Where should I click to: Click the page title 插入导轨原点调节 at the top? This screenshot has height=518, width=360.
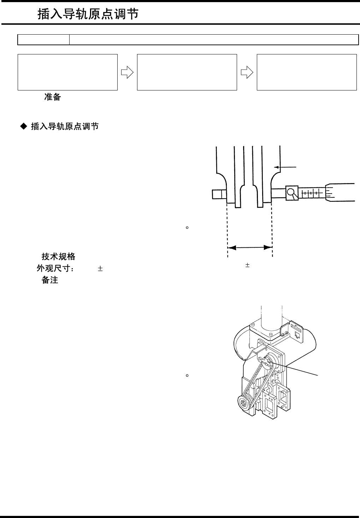click(88, 14)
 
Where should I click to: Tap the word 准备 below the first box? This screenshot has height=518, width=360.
click(52, 97)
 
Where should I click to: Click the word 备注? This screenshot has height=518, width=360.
click(50, 280)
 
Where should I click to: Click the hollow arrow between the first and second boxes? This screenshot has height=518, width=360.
click(127, 72)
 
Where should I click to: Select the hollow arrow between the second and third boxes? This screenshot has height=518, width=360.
click(247, 72)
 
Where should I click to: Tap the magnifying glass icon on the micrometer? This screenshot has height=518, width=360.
click(292, 193)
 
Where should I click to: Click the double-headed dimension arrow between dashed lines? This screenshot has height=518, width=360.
click(249, 248)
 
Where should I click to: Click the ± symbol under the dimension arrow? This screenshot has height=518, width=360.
click(248, 265)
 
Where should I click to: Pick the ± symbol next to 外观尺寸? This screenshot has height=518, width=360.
click(100, 269)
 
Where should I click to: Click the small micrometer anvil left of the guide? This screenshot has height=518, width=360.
click(219, 194)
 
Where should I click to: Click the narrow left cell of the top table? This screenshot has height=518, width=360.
click(43, 40)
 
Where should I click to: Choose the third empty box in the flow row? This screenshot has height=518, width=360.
click(306, 72)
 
